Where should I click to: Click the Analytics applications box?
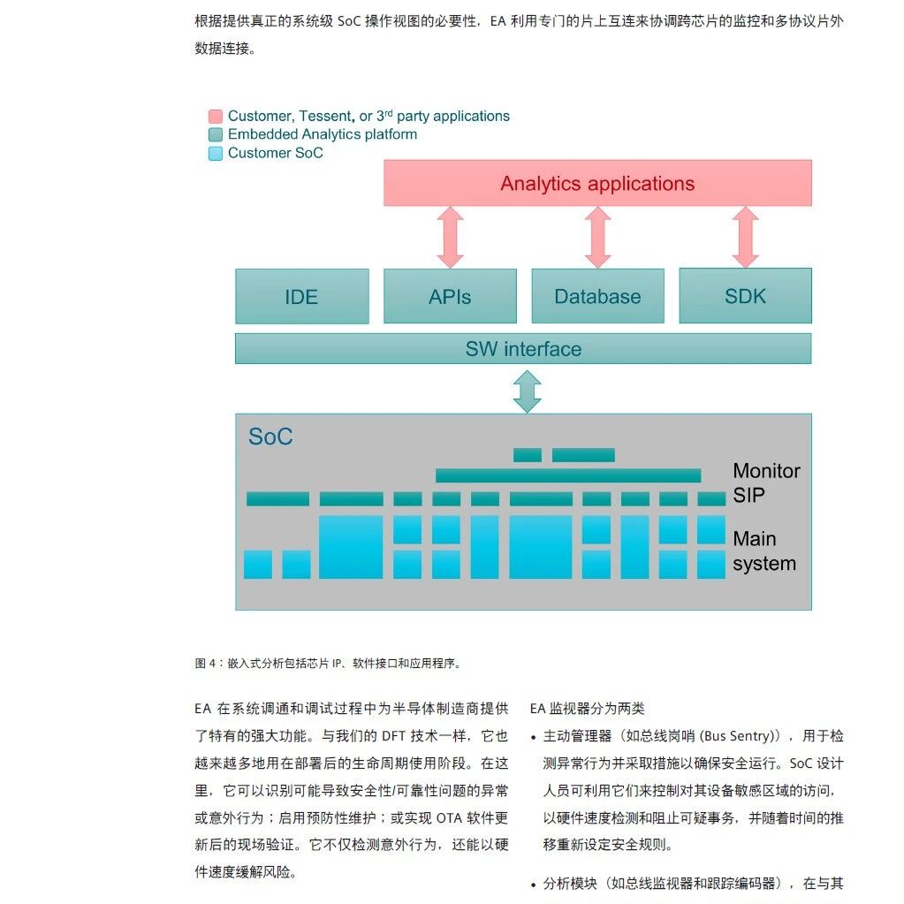[x=597, y=184]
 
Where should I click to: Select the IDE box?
[x=301, y=297]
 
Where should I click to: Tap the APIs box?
[x=450, y=297]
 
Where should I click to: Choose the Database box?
[x=597, y=297]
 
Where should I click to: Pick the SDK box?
[x=745, y=297]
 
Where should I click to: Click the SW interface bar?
[x=523, y=349]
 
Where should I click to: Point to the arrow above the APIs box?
[x=451, y=237]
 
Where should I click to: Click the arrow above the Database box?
[x=598, y=237]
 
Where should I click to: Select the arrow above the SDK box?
[x=746, y=237]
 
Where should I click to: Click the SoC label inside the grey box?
[x=270, y=437]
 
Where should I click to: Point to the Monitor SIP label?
[x=765, y=483]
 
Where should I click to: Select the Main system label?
[x=763, y=551]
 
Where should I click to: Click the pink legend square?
[x=216, y=117]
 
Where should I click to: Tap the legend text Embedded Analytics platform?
[x=322, y=134]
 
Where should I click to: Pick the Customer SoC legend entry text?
[x=275, y=153]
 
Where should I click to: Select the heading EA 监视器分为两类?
[x=588, y=709]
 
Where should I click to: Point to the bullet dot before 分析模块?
[x=534, y=885]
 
